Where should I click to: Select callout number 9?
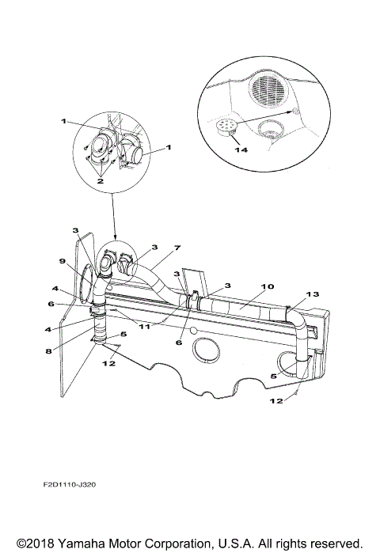tap(61, 260)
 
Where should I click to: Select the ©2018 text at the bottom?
tap(32, 544)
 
